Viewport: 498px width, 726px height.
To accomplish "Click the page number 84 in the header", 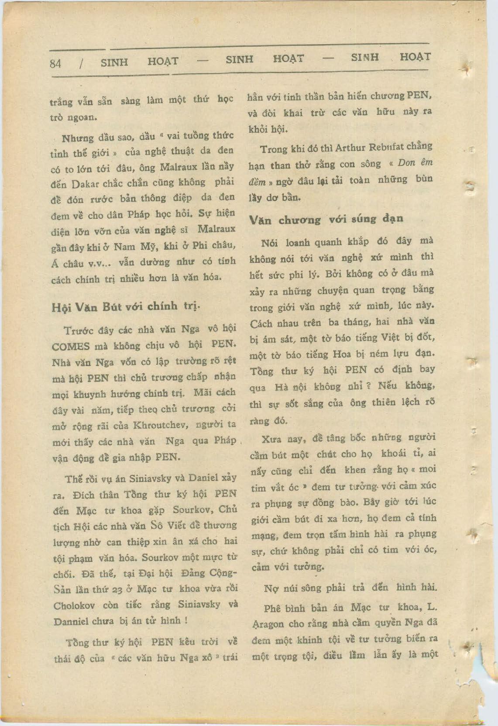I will (x=55, y=63).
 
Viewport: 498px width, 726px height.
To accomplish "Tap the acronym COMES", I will (x=71, y=347).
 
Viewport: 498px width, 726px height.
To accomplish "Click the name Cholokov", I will (x=73, y=606).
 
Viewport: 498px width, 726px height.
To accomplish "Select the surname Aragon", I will (x=268, y=624).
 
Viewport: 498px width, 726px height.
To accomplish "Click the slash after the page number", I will (x=82, y=63).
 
